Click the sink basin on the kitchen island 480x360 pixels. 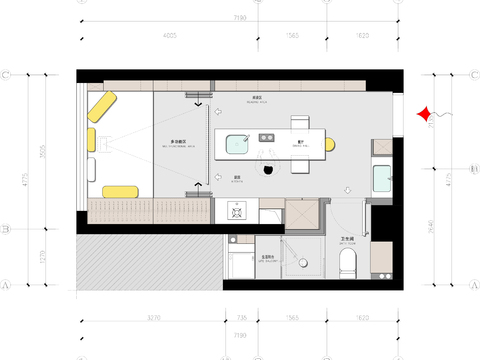pyautogui.click(x=238, y=144)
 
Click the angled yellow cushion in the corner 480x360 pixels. pyautogui.click(x=103, y=106)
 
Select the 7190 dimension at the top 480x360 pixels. pyautogui.click(x=239, y=17)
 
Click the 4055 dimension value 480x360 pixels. pyautogui.click(x=168, y=37)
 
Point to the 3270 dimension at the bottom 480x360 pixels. pyautogui.click(x=153, y=318)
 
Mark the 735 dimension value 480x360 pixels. pyautogui.click(x=241, y=318)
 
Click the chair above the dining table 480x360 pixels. pyautogui.click(x=299, y=122)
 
